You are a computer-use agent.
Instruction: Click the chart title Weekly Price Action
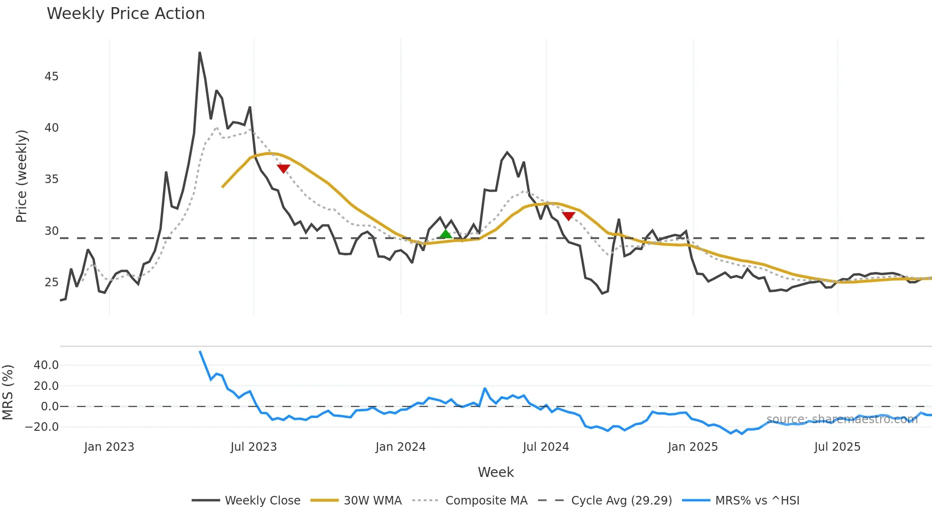click(126, 14)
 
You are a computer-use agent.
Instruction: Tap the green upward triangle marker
click(446, 234)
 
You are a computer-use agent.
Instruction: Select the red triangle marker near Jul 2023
click(283, 168)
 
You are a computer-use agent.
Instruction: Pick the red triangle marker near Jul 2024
click(568, 216)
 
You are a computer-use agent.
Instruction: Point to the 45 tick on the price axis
click(51, 77)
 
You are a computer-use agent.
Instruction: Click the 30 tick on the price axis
click(51, 231)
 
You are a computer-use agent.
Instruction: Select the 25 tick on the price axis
click(51, 282)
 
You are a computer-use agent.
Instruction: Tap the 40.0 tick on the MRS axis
click(46, 365)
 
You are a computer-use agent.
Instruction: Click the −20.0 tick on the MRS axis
click(42, 427)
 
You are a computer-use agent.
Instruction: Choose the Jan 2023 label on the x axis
click(109, 447)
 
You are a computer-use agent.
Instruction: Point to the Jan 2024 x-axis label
click(400, 447)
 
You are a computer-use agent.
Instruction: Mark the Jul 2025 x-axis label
click(837, 447)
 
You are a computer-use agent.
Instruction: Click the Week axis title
click(495, 472)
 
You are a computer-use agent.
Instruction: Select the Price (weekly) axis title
click(21, 176)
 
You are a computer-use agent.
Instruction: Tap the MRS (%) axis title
click(8, 392)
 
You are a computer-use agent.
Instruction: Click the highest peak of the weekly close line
click(200, 52)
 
